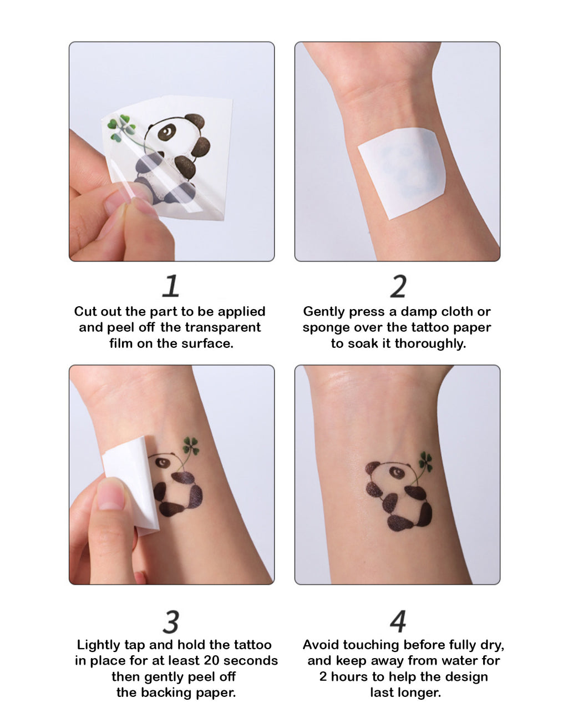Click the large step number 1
170,286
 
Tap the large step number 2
398,286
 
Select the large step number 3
171,622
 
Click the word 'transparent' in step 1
210,327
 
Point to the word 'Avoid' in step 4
321,645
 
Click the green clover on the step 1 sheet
121,128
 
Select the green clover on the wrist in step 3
191,446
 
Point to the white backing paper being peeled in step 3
131,486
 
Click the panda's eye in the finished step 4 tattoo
397,472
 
